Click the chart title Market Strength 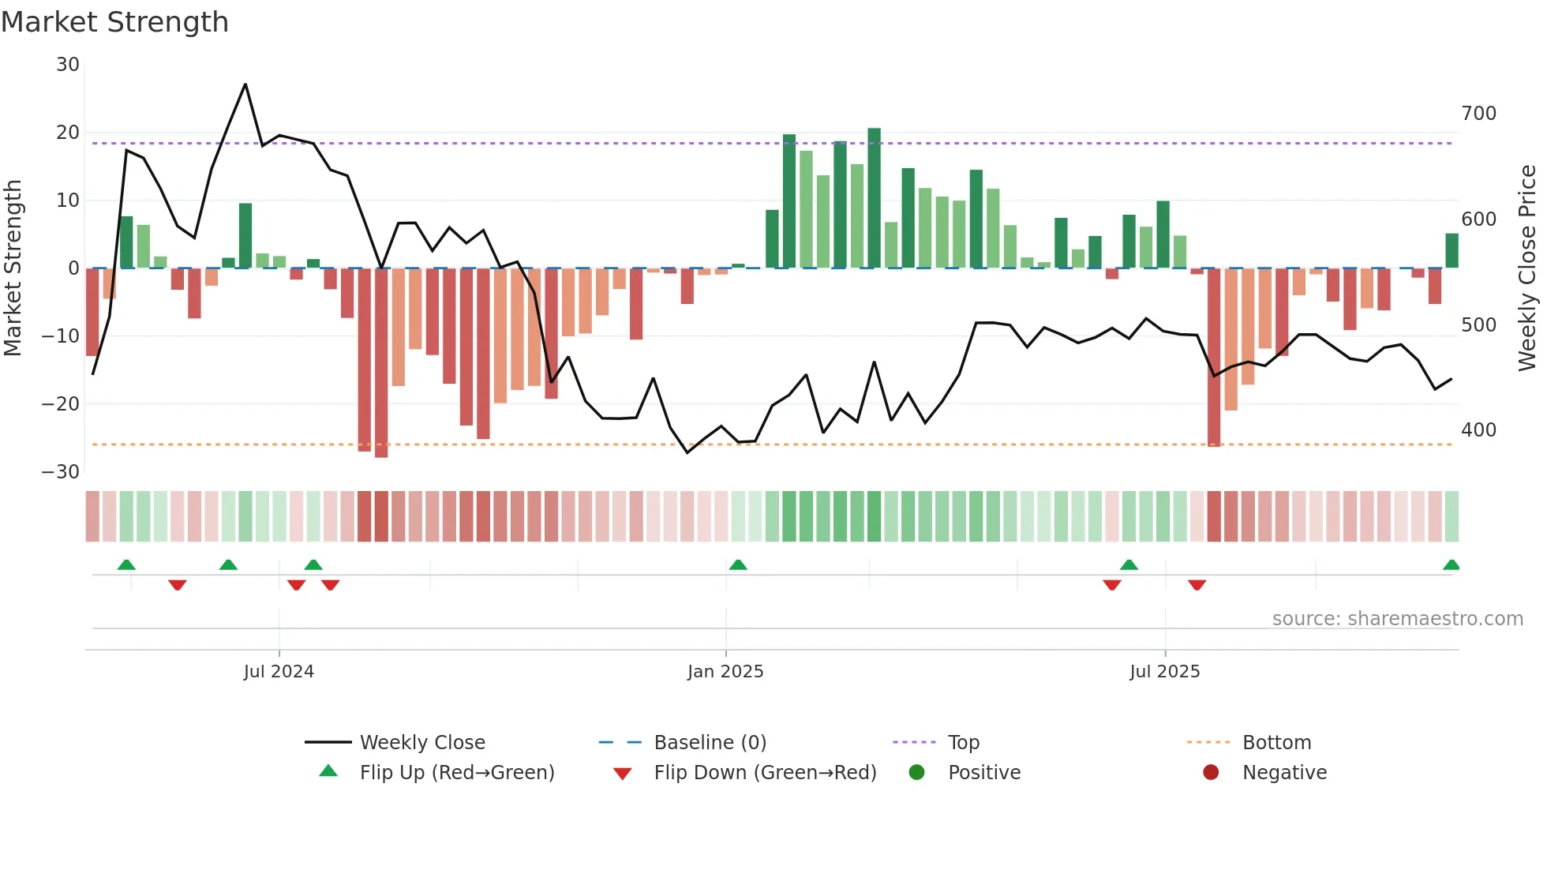[x=114, y=22]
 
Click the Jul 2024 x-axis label [x=279, y=672]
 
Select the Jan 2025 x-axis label [x=725, y=672]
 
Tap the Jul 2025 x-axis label [x=1164, y=672]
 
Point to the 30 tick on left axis [x=68, y=65]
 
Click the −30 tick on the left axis [x=61, y=472]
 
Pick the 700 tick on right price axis [x=1478, y=114]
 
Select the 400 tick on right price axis [x=1478, y=430]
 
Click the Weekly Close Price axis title [x=1527, y=268]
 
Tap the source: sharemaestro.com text [x=1397, y=619]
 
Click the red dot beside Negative [x=1211, y=773]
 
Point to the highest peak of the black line [x=245, y=84]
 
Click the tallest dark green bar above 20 [x=874, y=197]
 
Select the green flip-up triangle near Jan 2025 [x=738, y=565]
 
